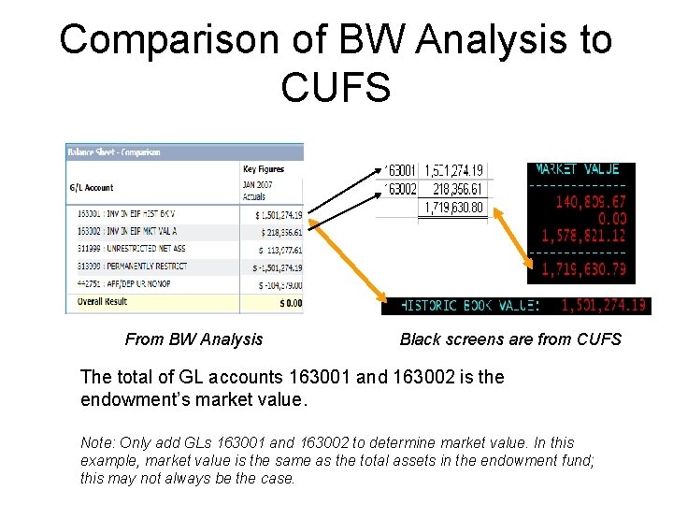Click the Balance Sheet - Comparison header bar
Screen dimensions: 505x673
point(113,152)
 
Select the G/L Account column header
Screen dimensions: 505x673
point(92,188)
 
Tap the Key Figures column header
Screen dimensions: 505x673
point(264,169)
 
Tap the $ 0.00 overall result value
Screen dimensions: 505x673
point(291,303)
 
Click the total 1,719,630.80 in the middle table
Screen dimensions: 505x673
point(453,208)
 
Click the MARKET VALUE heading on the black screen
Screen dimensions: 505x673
point(577,169)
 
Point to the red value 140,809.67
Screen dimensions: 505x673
point(591,199)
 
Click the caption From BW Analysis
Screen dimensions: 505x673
point(193,339)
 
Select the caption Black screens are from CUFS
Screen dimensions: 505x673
point(510,339)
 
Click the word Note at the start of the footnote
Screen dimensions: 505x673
point(97,442)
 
